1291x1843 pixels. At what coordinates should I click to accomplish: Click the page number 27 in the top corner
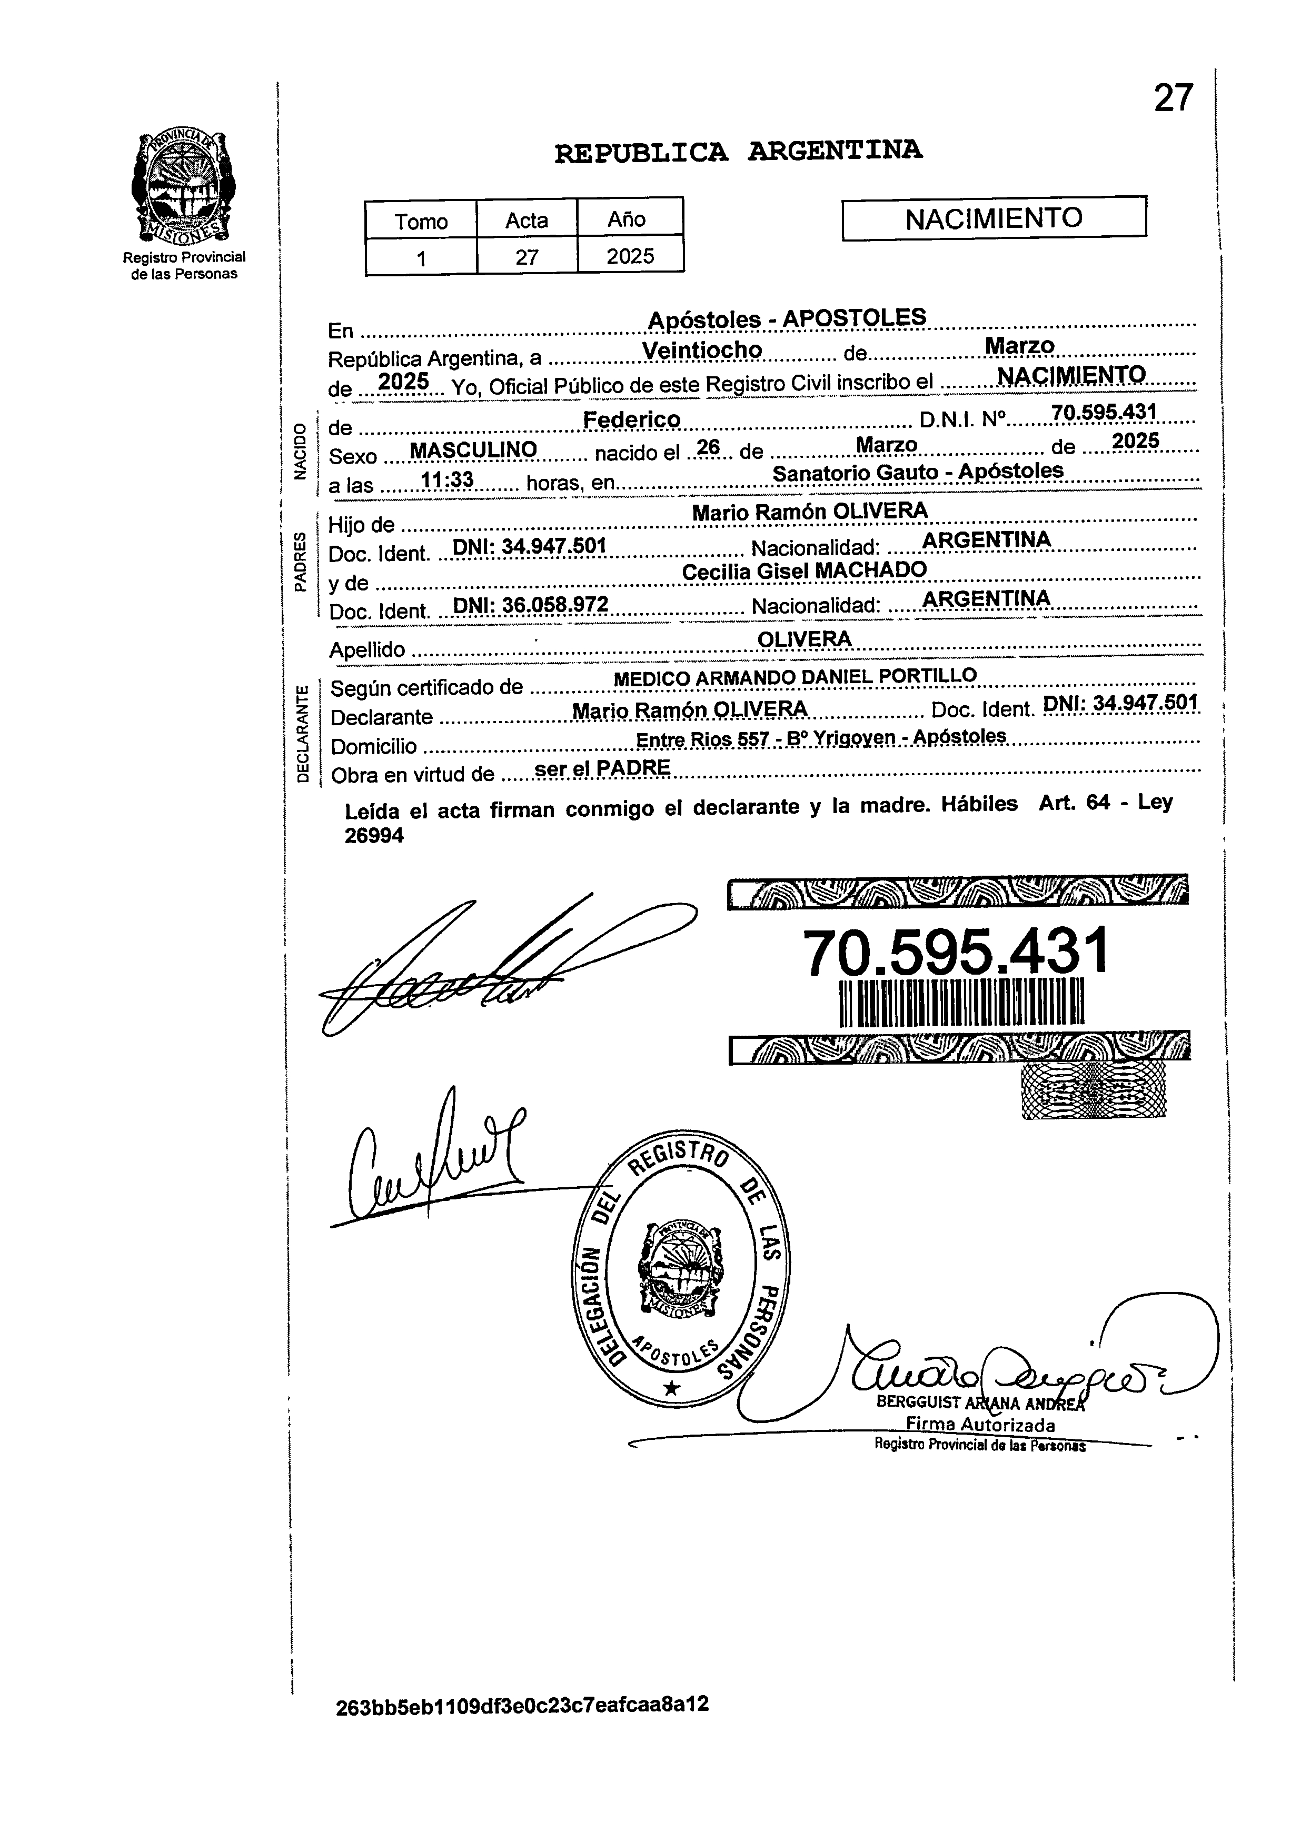coord(1173,99)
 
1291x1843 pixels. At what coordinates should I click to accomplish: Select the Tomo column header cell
coord(421,221)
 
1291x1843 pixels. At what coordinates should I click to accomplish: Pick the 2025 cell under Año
coord(630,257)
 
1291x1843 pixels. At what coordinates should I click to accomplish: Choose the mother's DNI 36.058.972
coord(531,605)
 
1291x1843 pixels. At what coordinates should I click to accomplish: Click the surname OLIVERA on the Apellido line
coord(803,639)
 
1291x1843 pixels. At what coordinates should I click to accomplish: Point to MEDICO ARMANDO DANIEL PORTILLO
coord(795,677)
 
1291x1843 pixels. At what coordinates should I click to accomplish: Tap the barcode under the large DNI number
coord(960,1003)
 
